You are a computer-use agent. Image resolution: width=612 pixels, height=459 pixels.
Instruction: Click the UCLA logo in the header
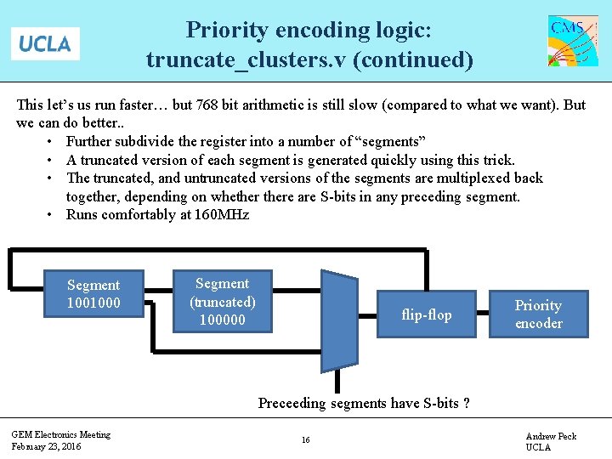45,43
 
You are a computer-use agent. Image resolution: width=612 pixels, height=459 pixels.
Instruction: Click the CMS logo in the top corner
573,40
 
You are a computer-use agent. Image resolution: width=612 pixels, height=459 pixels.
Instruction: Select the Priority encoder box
538,314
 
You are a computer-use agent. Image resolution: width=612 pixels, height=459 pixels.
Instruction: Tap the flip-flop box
426,314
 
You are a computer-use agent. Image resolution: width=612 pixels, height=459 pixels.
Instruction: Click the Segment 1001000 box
93,294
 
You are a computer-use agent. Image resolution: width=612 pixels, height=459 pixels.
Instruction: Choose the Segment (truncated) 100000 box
222,302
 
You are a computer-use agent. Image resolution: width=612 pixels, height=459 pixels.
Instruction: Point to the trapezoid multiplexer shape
338,320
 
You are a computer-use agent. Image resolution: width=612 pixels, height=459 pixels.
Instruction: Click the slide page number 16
305,440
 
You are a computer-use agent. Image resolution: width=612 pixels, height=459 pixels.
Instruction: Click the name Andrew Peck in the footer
551,436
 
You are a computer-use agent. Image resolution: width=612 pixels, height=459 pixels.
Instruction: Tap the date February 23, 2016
46,446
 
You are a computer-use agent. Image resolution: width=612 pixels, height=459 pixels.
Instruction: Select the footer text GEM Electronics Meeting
60,434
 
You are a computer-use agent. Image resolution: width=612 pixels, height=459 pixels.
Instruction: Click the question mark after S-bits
467,403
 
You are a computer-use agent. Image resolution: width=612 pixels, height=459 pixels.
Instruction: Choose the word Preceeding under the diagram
292,403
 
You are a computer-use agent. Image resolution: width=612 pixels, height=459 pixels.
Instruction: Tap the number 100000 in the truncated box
222,320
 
